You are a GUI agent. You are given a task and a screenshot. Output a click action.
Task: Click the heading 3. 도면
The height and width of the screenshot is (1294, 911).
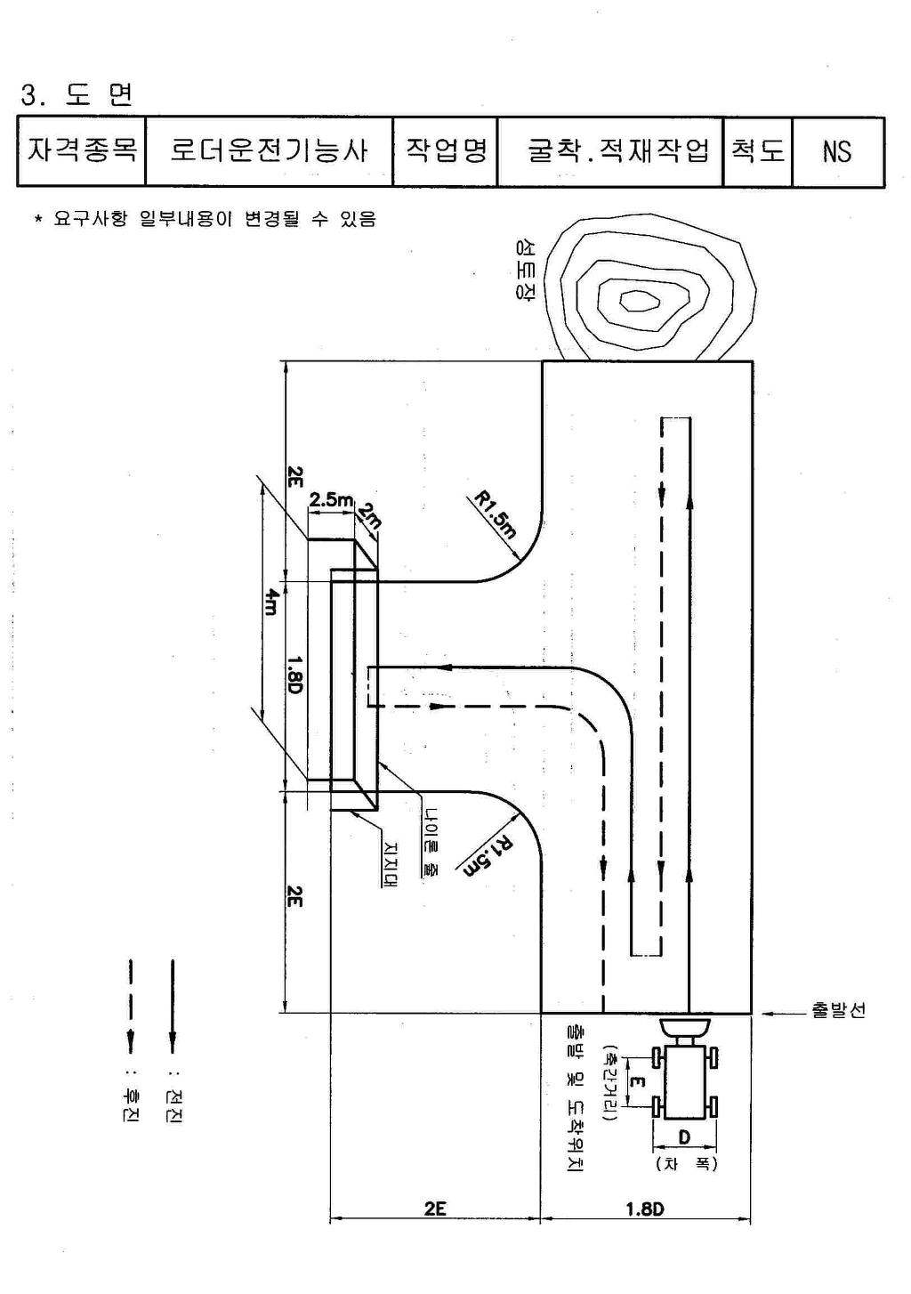[77, 95]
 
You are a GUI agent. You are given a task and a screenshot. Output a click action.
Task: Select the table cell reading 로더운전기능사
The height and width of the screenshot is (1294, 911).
[269, 151]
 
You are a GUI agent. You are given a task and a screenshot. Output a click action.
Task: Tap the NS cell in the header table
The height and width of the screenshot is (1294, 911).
[838, 151]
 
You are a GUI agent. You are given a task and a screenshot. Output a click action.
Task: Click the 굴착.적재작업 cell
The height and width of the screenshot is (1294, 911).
[610, 151]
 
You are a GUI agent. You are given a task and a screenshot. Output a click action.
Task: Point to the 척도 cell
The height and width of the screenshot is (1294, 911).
[758, 151]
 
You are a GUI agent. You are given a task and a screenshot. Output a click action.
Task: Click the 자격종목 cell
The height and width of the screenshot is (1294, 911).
[81, 151]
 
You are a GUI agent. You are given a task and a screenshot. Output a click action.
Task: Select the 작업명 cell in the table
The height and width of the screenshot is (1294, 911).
[445, 151]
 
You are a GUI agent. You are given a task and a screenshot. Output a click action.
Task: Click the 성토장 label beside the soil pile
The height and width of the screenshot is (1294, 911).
[524, 269]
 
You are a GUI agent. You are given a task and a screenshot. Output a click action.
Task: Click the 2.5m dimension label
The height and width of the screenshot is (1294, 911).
[331, 499]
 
